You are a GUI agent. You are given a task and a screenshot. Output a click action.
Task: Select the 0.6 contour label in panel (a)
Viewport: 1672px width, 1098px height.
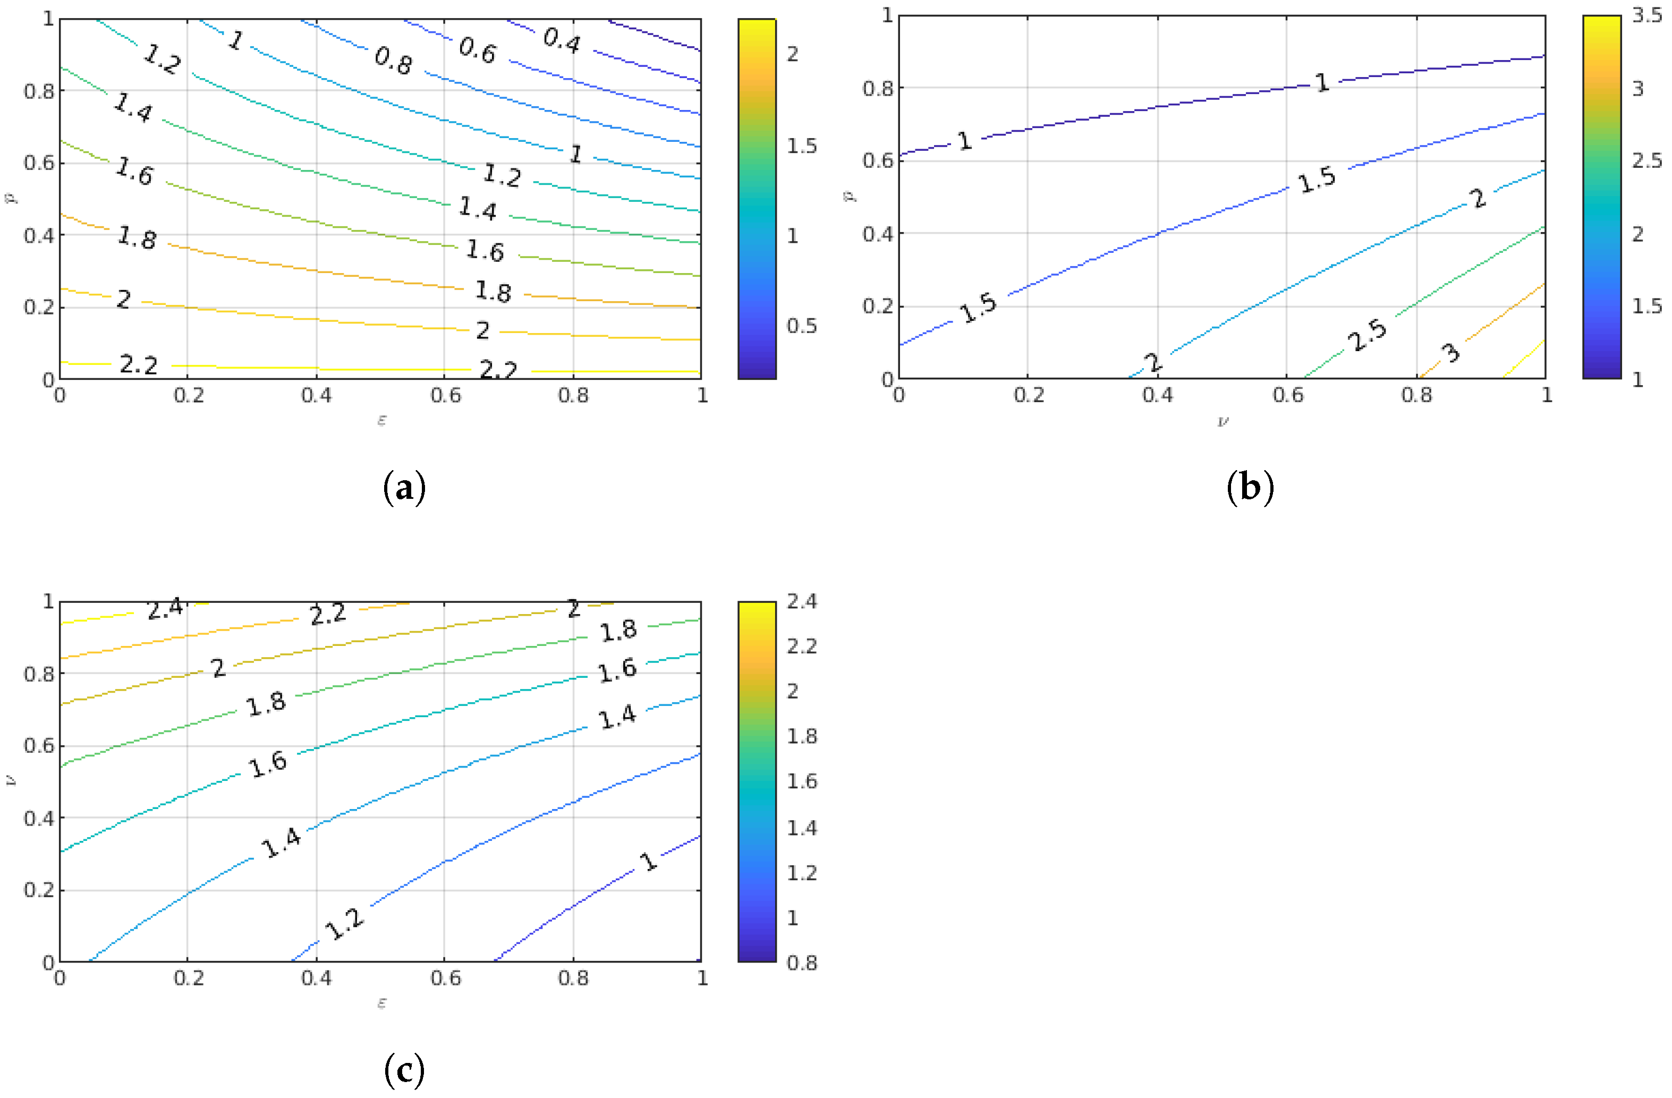[478, 50]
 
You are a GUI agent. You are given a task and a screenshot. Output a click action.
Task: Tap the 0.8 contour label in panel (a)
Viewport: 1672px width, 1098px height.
[393, 61]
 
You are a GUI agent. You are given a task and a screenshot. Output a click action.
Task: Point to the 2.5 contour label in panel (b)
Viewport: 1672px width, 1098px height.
[1367, 335]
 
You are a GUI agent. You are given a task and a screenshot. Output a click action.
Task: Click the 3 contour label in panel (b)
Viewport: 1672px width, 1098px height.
[1450, 353]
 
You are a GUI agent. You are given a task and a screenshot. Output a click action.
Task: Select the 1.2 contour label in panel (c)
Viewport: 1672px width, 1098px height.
[345, 924]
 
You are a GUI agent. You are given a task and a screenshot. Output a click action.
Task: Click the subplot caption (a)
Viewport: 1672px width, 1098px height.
[405, 488]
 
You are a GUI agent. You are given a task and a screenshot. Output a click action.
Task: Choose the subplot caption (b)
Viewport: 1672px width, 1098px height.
[1250, 488]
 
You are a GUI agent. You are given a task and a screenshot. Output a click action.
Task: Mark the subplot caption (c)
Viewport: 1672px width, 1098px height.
[405, 1070]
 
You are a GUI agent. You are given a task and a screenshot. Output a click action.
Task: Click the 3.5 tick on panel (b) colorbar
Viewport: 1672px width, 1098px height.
[1646, 15]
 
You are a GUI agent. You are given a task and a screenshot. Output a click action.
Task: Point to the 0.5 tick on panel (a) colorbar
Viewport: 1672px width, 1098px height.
[802, 326]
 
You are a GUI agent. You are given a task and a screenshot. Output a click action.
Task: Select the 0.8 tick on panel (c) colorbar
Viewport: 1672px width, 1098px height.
[802, 963]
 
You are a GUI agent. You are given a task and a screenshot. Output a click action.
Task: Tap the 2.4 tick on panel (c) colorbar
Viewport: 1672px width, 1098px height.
[802, 601]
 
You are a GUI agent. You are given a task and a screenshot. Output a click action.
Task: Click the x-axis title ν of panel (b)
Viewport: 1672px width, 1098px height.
[1223, 421]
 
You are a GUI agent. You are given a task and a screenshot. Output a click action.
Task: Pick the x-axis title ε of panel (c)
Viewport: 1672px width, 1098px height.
[381, 1003]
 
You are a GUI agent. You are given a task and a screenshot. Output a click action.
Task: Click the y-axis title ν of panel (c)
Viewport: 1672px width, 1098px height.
[10, 780]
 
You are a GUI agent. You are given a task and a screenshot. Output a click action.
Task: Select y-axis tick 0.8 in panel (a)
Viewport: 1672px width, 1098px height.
[39, 91]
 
